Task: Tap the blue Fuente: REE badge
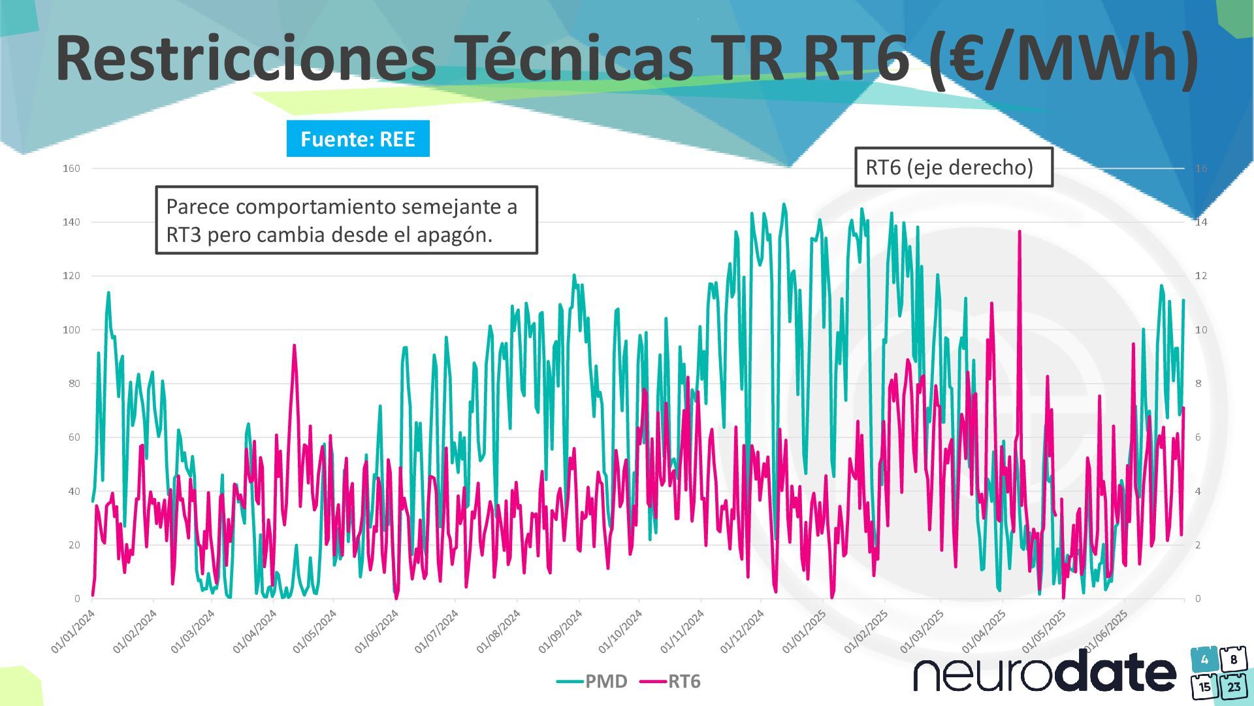coord(358,139)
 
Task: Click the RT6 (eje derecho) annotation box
coord(954,167)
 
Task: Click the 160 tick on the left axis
coord(71,169)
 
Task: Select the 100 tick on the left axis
coord(71,330)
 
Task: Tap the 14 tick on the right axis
coord(1201,222)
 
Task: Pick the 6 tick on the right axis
coord(1198,437)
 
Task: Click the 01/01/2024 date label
coord(73,631)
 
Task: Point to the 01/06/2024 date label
coord(376,631)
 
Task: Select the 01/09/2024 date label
coord(560,631)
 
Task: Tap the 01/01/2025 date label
coord(804,631)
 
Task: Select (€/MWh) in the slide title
coord(1063,59)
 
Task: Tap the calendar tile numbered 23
coord(1234,686)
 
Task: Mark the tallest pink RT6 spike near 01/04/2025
coord(1020,231)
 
